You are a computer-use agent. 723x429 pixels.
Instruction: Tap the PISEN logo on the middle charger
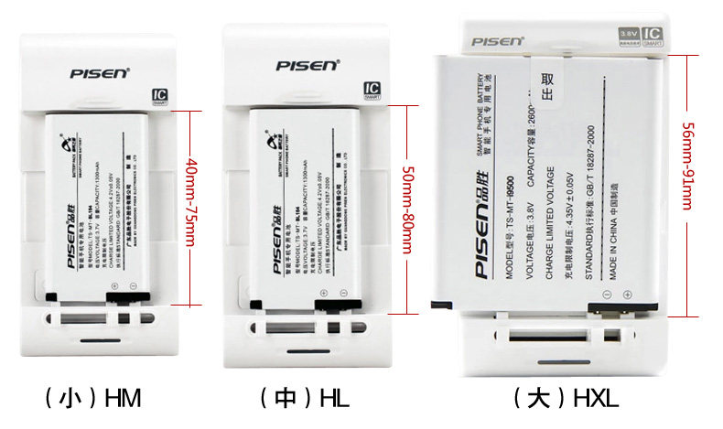point(308,65)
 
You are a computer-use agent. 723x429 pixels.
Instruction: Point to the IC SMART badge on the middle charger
point(372,91)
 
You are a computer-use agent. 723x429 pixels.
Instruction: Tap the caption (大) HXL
point(566,398)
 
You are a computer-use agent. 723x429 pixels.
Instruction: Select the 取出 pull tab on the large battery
point(547,86)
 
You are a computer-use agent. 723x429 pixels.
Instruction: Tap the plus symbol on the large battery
point(627,295)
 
